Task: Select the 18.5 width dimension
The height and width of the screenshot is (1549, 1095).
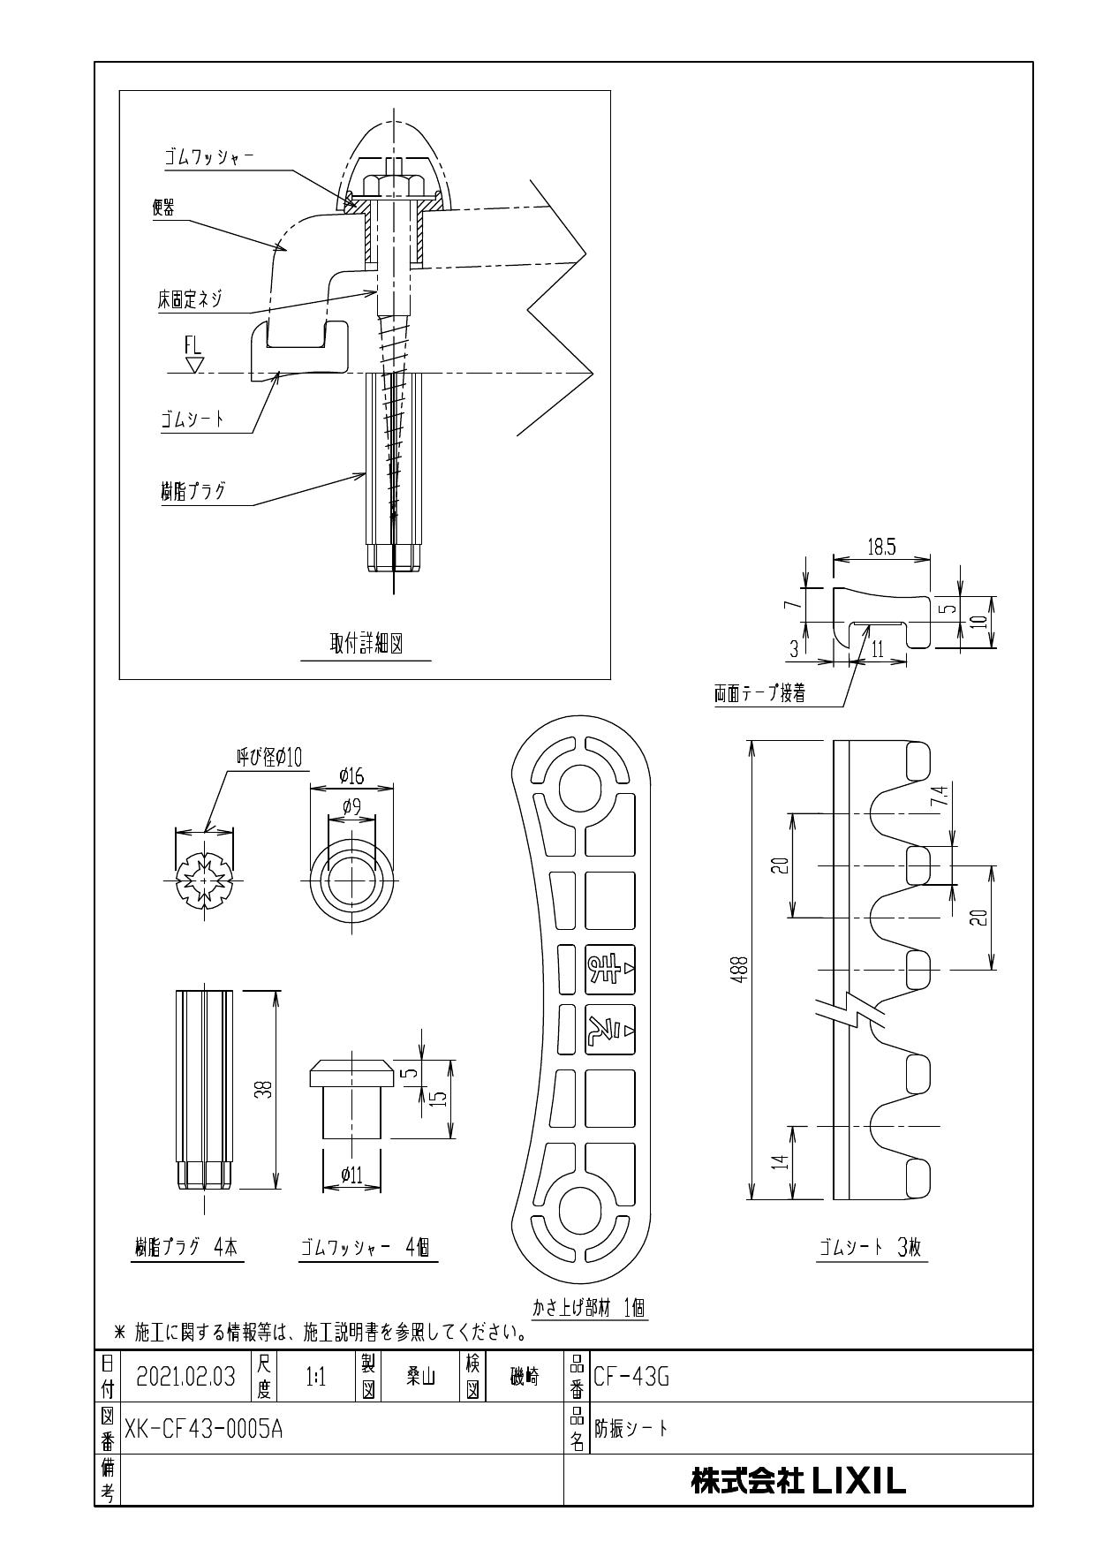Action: point(880,548)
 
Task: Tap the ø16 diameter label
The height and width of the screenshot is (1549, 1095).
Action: point(351,776)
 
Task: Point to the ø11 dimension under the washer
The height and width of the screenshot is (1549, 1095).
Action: point(351,1175)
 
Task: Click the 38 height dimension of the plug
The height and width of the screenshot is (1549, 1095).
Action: point(263,1091)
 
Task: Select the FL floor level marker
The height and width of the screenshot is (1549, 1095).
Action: point(193,346)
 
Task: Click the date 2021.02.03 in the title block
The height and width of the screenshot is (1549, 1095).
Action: point(186,1377)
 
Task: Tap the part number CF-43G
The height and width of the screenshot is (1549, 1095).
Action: point(631,1377)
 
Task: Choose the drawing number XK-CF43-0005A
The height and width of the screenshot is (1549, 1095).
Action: point(203,1428)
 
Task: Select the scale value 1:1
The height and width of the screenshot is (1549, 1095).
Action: point(315,1377)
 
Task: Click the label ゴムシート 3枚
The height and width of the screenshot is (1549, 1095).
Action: point(871,1247)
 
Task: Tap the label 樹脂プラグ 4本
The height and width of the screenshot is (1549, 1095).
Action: point(186,1247)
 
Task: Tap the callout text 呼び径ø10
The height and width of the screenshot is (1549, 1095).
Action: point(269,757)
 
